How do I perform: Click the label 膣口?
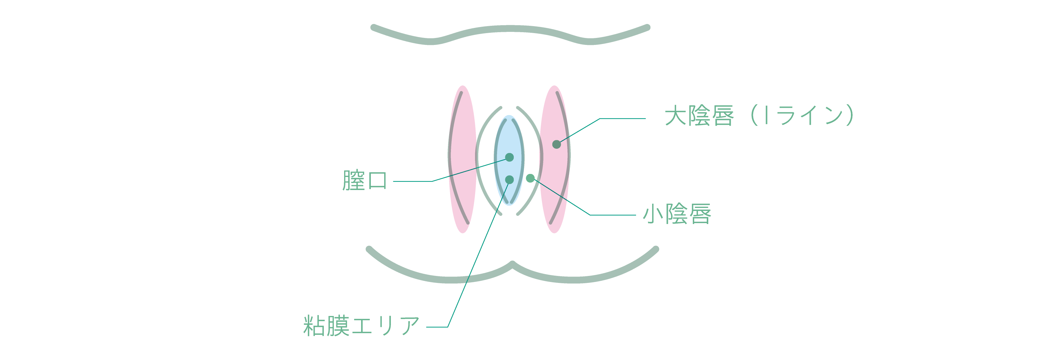click(x=364, y=181)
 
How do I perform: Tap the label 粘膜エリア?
click(x=361, y=326)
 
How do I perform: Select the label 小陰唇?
click(x=677, y=214)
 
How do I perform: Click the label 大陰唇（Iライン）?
click(x=760, y=116)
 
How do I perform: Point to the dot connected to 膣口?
click(x=509, y=157)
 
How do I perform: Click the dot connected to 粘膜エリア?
click(x=509, y=179)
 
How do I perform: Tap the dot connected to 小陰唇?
click(x=530, y=178)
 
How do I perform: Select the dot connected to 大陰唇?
click(x=556, y=144)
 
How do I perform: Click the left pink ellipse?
click(x=462, y=159)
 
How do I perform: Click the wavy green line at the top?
click(x=510, y=28)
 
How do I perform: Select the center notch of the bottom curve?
click(x=512, y=264)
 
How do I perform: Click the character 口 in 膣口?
click(x=377, y=181)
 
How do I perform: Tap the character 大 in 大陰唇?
click(x=676, y=116)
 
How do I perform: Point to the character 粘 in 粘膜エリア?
click(x=314, y=326)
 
